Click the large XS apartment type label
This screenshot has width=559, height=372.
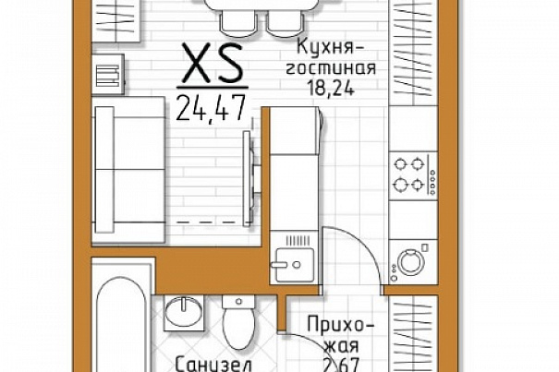[212, 63]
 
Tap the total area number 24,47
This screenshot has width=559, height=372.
[211, 108]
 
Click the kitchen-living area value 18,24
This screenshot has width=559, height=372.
[331, 88]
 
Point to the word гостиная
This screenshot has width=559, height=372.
[331, 67]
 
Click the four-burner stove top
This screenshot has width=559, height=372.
[413, 175]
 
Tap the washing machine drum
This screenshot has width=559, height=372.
[410, 262]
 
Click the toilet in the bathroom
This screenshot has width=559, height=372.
[238, 321]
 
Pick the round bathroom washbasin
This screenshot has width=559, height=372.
[184, 312]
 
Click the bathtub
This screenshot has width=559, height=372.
[122, 320]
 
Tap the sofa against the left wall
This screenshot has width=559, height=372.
[128, 171]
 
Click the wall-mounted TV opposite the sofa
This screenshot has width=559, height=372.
[249, 178]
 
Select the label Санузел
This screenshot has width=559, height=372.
[214, 365]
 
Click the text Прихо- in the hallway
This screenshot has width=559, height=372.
[341, 325]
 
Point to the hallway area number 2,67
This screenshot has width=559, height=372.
[341, 365]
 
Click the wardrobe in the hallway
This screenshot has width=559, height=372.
[413, 333]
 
